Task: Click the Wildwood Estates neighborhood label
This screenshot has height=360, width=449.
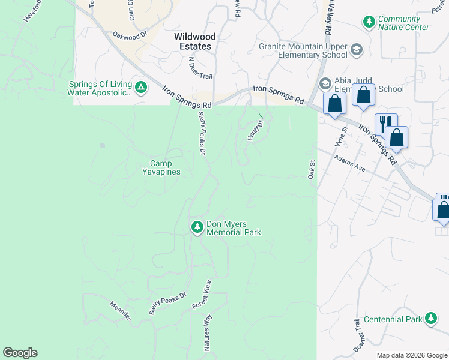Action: point(195,41)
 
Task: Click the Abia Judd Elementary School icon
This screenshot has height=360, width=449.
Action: point(325,83)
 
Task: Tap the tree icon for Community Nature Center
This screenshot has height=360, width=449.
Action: point(369,22)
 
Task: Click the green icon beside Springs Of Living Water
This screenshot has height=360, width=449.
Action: point(141,88)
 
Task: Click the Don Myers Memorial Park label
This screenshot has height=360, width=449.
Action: point(234,228)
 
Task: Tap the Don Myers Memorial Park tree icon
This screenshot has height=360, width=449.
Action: point(197,227)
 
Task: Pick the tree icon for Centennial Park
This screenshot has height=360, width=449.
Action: point(430,319)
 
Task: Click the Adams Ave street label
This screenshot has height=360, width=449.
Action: point(351,166)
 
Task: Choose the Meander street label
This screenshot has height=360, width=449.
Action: point(120,311)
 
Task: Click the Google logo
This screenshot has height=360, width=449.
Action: point(20,352)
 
